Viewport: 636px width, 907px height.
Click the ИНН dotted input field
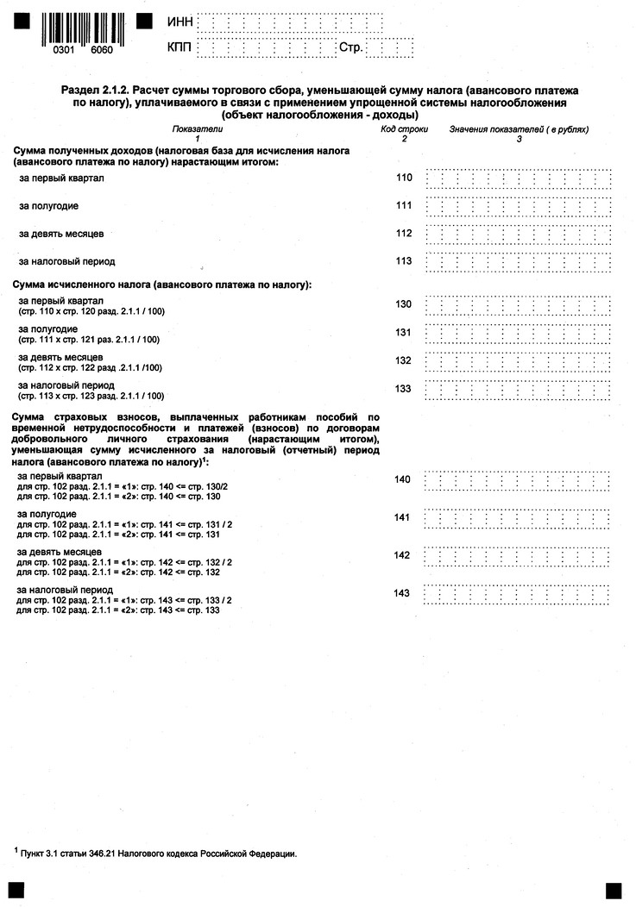(x=286, y=21)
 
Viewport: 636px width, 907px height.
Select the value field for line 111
(x=519, y=207)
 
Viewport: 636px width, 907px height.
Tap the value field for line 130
(x=519, y=305)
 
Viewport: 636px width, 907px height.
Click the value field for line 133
(x=519, y=390)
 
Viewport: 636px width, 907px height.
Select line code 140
(x=402, y=479)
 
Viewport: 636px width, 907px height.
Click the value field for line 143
(x=519, y=594)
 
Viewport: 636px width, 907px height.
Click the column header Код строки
(x=404, y=129)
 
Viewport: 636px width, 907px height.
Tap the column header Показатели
(x=197, y=129)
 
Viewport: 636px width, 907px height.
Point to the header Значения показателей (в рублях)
(x=519, y=129)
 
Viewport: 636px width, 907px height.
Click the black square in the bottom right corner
(x=614, y=889)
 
